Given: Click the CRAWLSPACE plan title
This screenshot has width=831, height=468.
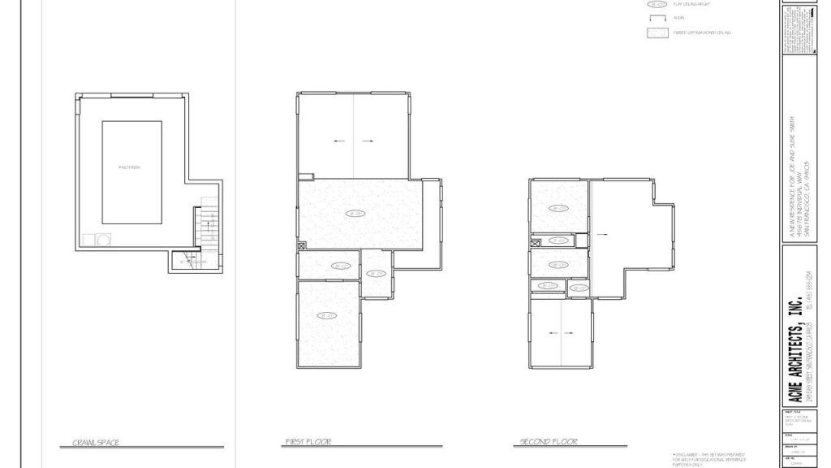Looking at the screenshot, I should point(96,443).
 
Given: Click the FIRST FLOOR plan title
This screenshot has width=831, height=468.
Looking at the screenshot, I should point(308,443).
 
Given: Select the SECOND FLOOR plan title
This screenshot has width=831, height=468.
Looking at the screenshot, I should point(549,443).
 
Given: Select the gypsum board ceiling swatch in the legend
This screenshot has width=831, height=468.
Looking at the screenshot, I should point(655,32).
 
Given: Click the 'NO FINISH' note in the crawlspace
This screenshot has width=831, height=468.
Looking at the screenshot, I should point(129,167).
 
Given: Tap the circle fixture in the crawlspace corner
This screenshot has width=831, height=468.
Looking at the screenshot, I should point(103,240).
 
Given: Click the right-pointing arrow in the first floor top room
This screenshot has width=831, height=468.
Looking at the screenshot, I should point(368,141).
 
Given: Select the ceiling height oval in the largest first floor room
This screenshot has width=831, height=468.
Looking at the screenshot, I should point(355,214).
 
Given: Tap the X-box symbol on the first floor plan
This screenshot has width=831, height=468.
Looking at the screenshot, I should point(302,245).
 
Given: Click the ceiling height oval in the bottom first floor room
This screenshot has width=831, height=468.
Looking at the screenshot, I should point(327,315).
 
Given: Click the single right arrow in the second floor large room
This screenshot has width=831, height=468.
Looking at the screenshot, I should point(601,233).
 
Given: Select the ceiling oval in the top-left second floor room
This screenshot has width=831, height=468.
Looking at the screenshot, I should point(558,208).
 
